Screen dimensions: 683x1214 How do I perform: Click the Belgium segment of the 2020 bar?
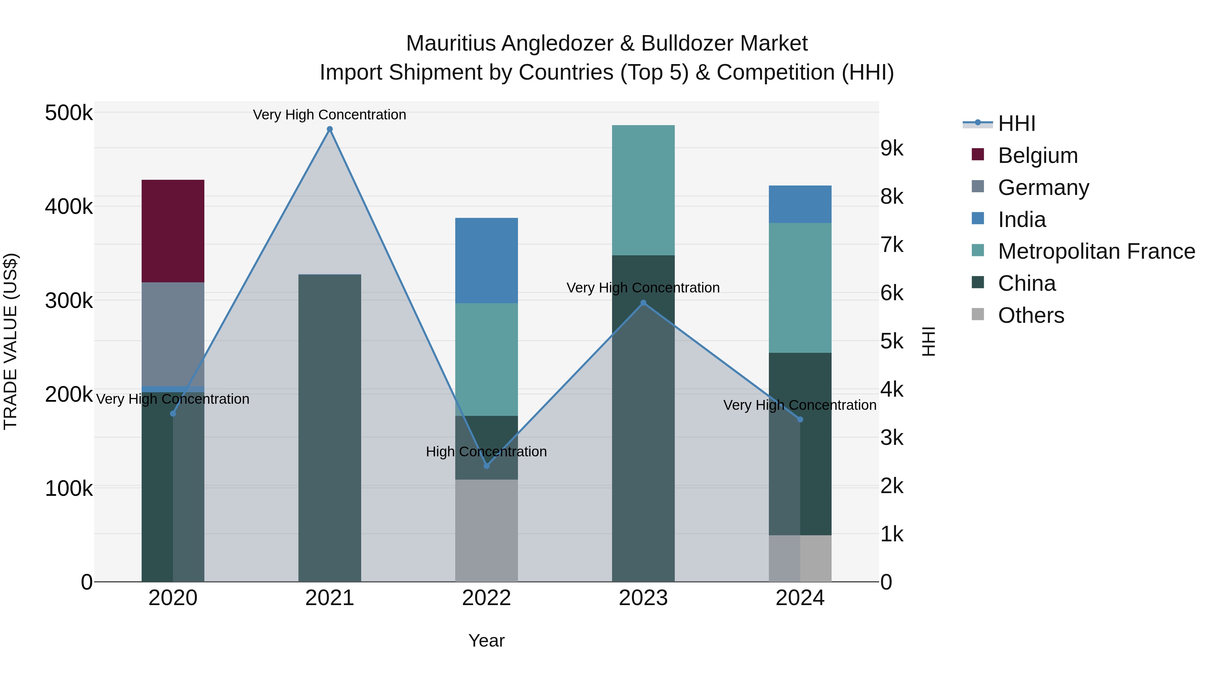pyautogui.click(x=173, y=231)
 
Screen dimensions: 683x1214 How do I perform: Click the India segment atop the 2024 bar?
pyautogui.click(x=800, y=204)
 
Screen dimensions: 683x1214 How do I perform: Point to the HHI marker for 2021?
pyautogui.click(x=329, y=129)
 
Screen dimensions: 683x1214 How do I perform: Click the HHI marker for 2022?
pyautogui.click(x=486, y=466)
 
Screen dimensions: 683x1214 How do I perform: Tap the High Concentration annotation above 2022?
pyautogui.click(x=486, y=452)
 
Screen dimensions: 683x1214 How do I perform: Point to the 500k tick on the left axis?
pyautogui.click(x=69, y=113)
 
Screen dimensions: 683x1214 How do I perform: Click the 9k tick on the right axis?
pyautogui.click(x=892, y=148)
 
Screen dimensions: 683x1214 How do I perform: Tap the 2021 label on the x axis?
pyautogui.click(x=329, y=598)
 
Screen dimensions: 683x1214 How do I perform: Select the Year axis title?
pyautogui.click(x=486, y=641)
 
